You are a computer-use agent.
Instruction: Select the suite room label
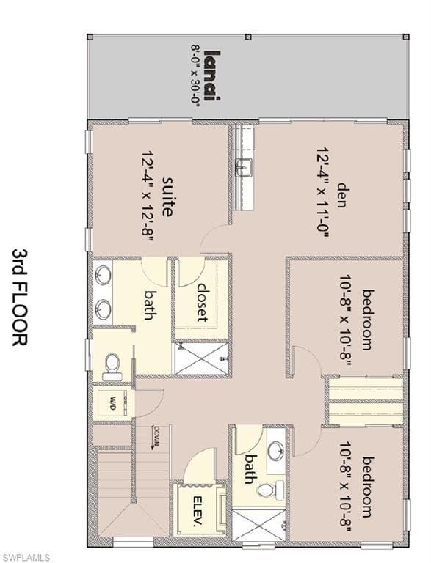coord(167,196)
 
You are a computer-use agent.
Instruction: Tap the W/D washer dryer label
coord(114,403)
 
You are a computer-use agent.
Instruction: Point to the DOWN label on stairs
coord(156,438)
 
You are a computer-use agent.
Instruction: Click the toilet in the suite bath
coord(112,364)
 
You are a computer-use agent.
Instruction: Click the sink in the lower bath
coord(276,450)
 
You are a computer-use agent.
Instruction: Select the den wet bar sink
coord(243,166)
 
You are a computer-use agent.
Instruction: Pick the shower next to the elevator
coord(260,524)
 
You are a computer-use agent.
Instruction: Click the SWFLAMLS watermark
coord(26,556)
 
